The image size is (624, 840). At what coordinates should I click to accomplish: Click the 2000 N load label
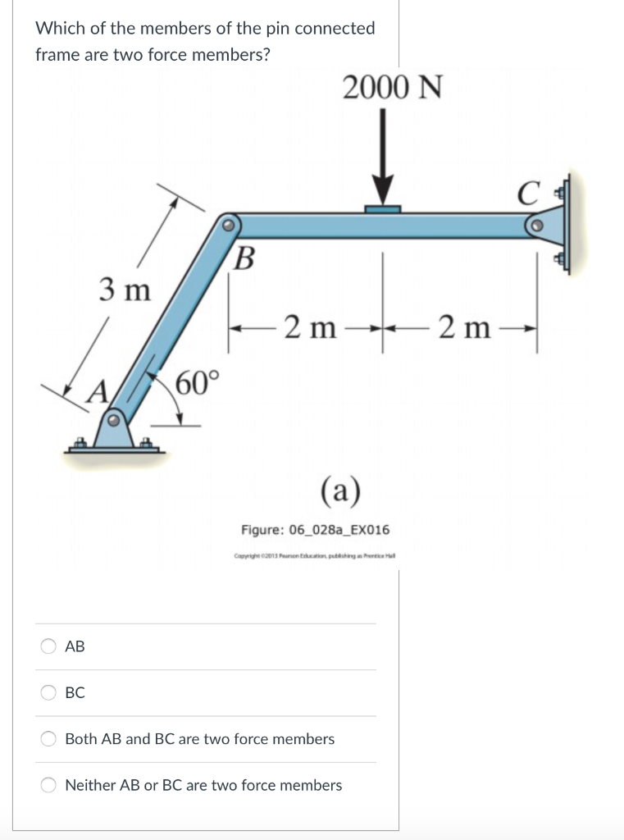coord(392,87)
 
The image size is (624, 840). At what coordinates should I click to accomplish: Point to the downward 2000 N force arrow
coord(382,159)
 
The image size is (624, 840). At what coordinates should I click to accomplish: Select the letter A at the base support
coord(98,390)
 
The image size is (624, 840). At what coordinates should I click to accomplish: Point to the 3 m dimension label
coord(125,290)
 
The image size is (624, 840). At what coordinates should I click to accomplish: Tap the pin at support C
coord(535,223)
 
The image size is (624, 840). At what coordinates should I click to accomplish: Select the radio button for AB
coord(49,646)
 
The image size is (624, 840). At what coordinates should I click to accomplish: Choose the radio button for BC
coord(49,692)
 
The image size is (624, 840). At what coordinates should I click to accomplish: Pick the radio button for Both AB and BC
coord(49,738)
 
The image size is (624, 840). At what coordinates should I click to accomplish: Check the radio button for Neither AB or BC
coord(49,785)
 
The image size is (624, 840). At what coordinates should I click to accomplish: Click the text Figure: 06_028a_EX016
coord(316,529)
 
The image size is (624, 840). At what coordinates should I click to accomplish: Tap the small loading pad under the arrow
coord(382,209)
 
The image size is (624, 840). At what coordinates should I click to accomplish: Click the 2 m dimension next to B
coord(311,328)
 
